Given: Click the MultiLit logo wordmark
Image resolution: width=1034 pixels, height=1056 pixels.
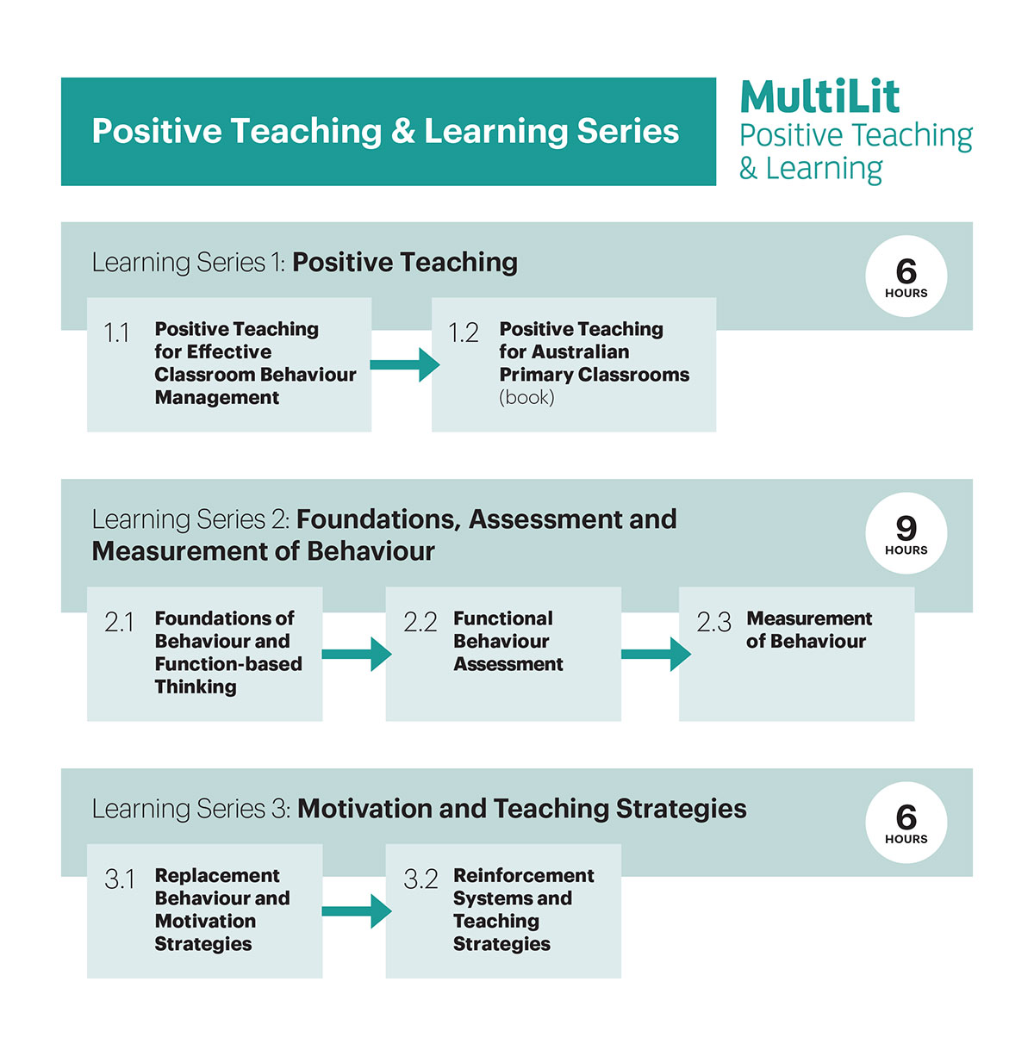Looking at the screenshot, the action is click(819, 97).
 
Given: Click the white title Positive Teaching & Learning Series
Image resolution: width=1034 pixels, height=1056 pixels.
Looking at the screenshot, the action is click(385, 132).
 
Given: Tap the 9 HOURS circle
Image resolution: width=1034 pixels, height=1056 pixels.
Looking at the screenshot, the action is click(906, 533).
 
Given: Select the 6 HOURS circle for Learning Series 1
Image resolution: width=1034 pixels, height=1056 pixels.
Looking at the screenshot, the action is click(906, 276).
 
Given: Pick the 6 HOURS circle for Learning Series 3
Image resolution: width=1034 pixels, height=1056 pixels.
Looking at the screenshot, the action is click(906, 823).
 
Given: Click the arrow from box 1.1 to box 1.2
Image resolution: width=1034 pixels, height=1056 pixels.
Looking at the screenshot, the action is click(405, 364).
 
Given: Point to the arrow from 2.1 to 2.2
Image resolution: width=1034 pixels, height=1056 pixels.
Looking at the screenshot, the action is click(357, 654).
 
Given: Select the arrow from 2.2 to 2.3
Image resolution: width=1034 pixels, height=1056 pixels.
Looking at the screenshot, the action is click(656, 654).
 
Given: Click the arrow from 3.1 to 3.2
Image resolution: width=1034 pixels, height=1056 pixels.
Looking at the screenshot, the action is click(357, 911).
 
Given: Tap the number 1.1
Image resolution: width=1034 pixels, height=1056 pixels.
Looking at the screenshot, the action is click(116, 332).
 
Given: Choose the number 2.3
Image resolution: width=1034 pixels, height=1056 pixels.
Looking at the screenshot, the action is click(713, 623).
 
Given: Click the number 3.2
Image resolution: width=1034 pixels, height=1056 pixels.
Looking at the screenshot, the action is click(420, 879).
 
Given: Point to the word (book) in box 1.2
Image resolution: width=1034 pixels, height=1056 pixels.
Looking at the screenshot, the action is click(526, 397).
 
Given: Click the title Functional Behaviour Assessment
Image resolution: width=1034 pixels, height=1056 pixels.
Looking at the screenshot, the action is click(508, 641).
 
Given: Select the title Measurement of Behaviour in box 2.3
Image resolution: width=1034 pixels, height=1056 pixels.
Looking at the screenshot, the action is click(808, 630).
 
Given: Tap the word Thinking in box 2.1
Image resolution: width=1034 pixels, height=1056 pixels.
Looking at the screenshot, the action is click(196, 687).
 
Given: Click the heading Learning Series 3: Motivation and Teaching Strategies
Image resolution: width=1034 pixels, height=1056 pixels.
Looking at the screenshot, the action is click(419, 809).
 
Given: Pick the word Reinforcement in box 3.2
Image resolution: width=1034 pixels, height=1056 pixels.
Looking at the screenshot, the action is click(524, 876).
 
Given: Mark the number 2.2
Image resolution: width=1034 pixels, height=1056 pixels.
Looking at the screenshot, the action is click(420, 623).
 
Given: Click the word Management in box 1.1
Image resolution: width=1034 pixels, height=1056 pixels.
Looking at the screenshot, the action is click(217, 397).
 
